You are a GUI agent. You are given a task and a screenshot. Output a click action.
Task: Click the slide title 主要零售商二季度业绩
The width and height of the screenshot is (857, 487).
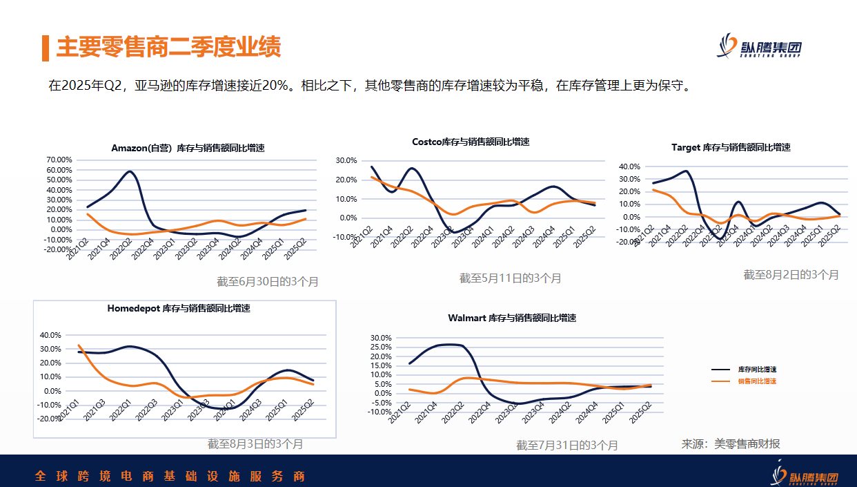pos(168,48)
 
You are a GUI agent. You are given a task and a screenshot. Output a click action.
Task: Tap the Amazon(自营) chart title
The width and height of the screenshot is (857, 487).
pos(188,149)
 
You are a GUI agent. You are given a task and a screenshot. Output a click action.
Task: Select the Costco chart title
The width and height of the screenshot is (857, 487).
pos(471,142)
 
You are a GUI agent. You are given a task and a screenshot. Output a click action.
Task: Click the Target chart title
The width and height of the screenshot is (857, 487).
pos(731,147)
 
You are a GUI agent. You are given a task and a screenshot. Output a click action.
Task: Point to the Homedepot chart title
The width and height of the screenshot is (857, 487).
pos(179,308)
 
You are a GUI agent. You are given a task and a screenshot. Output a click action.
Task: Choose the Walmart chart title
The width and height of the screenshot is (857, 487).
pos(512,318)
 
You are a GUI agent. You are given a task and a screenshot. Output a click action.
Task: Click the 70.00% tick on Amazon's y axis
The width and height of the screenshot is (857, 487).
pos(59,160)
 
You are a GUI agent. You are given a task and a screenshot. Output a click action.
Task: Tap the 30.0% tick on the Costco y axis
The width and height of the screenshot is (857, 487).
pos(346,160)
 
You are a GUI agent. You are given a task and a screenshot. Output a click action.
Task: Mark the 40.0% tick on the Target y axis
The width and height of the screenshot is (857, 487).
pos(630,166)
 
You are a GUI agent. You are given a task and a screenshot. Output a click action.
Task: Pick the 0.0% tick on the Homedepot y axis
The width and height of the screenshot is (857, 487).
pos(52,391)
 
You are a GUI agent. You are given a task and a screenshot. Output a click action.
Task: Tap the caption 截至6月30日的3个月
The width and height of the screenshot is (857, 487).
pos(268,282)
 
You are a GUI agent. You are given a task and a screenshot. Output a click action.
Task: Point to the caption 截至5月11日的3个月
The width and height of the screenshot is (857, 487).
pos(511,278)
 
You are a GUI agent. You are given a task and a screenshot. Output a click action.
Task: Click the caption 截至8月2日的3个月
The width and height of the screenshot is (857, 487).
pos(791,274)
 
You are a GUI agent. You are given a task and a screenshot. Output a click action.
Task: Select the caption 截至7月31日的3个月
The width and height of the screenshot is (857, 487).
pos(567,446)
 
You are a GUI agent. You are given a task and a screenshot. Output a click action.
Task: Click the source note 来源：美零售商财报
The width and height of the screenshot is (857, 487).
pos(731,444)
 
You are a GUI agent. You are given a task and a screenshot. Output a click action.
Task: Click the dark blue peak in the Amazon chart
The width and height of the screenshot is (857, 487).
pos(130,171)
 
